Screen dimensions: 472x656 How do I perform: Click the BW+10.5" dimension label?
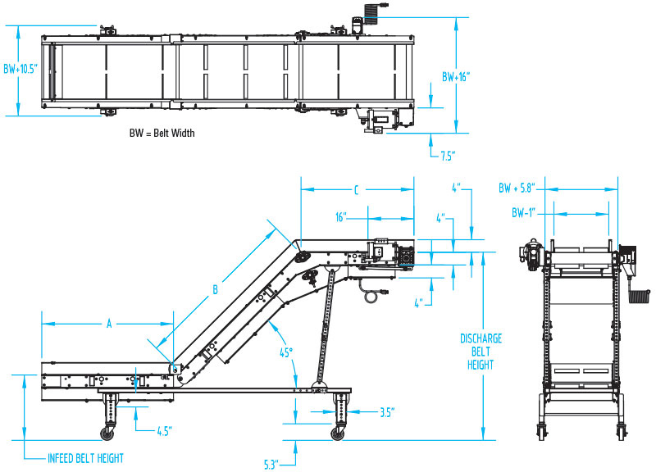click(x=20, y=70)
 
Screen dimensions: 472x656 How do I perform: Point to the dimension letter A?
click(x=108, y=324)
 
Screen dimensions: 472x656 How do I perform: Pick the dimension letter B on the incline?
click(x=216, y=288)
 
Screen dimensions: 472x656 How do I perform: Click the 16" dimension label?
click(x=341, y=219)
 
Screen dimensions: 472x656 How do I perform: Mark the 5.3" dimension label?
click(x=271, y=464)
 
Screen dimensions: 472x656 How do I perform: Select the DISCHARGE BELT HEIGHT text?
click(x=481, y=351)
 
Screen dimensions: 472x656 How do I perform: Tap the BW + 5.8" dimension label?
click(x=518, y=188)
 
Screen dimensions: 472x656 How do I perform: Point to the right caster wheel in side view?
click(x=338, y=432)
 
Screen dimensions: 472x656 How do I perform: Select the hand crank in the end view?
click(x=640, y=296)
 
